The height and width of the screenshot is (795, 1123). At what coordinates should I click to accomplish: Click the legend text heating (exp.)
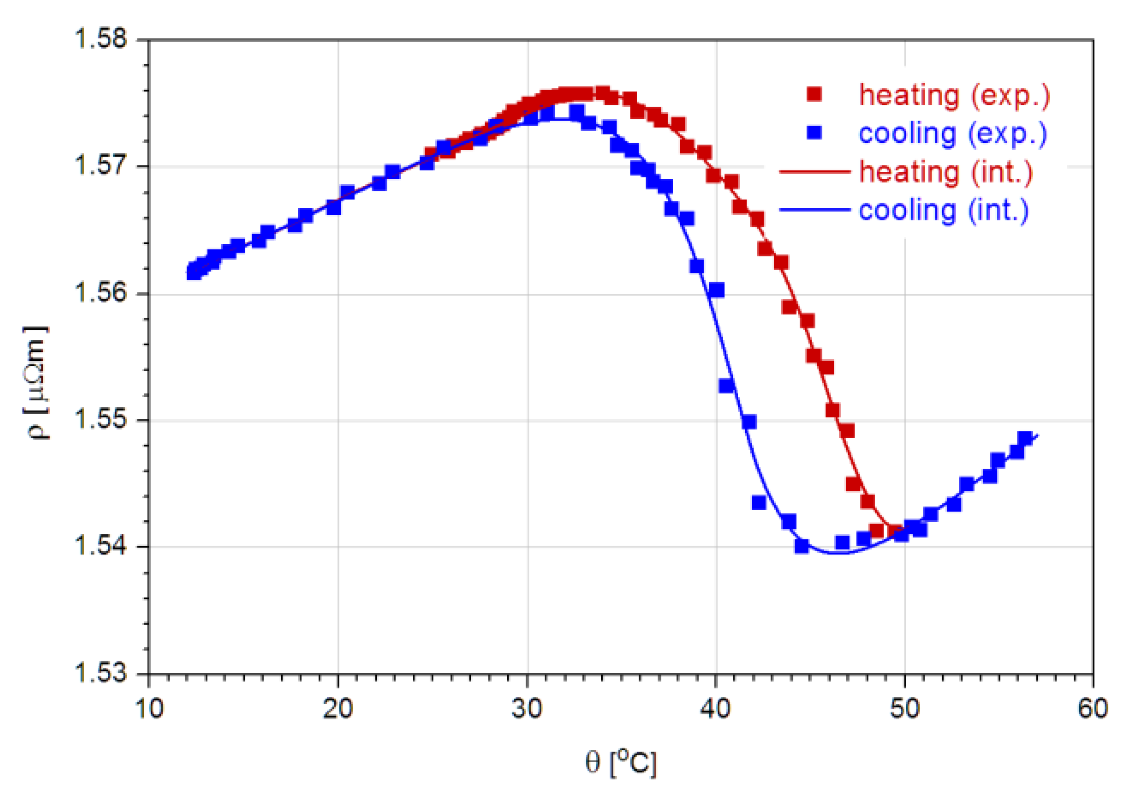coord(954,95)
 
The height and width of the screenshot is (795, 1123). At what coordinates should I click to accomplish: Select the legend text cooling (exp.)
coord(953,133)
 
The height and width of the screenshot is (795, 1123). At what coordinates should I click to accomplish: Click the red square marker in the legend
coord(814,94)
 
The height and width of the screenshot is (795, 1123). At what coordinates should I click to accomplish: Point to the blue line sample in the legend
coord(815,210)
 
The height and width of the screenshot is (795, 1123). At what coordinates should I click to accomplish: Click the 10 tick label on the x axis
coord(149,708)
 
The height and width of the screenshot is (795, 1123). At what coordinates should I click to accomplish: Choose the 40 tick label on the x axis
coord(716,708)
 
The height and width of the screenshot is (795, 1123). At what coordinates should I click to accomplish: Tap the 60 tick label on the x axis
coord(1093,708)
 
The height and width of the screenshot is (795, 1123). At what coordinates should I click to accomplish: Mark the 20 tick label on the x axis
coord(338,708)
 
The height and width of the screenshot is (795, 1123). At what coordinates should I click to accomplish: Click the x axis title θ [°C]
coord(621,762)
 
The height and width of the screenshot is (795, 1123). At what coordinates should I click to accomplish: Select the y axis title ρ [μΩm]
coord(36,382)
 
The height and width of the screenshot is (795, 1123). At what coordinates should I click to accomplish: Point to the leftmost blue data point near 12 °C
coord(194,272)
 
